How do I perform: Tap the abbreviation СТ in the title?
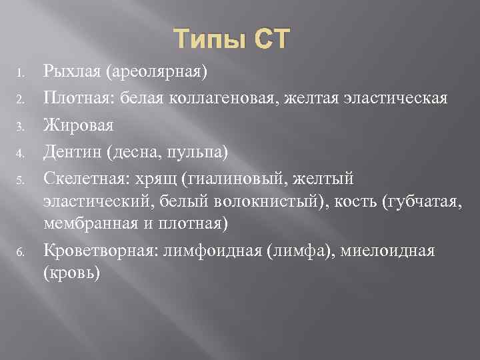point(270,39)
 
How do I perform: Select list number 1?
point(21,71)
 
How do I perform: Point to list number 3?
point(21,126)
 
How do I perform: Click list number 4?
point(21,153)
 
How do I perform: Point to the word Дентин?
point(70,153)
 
